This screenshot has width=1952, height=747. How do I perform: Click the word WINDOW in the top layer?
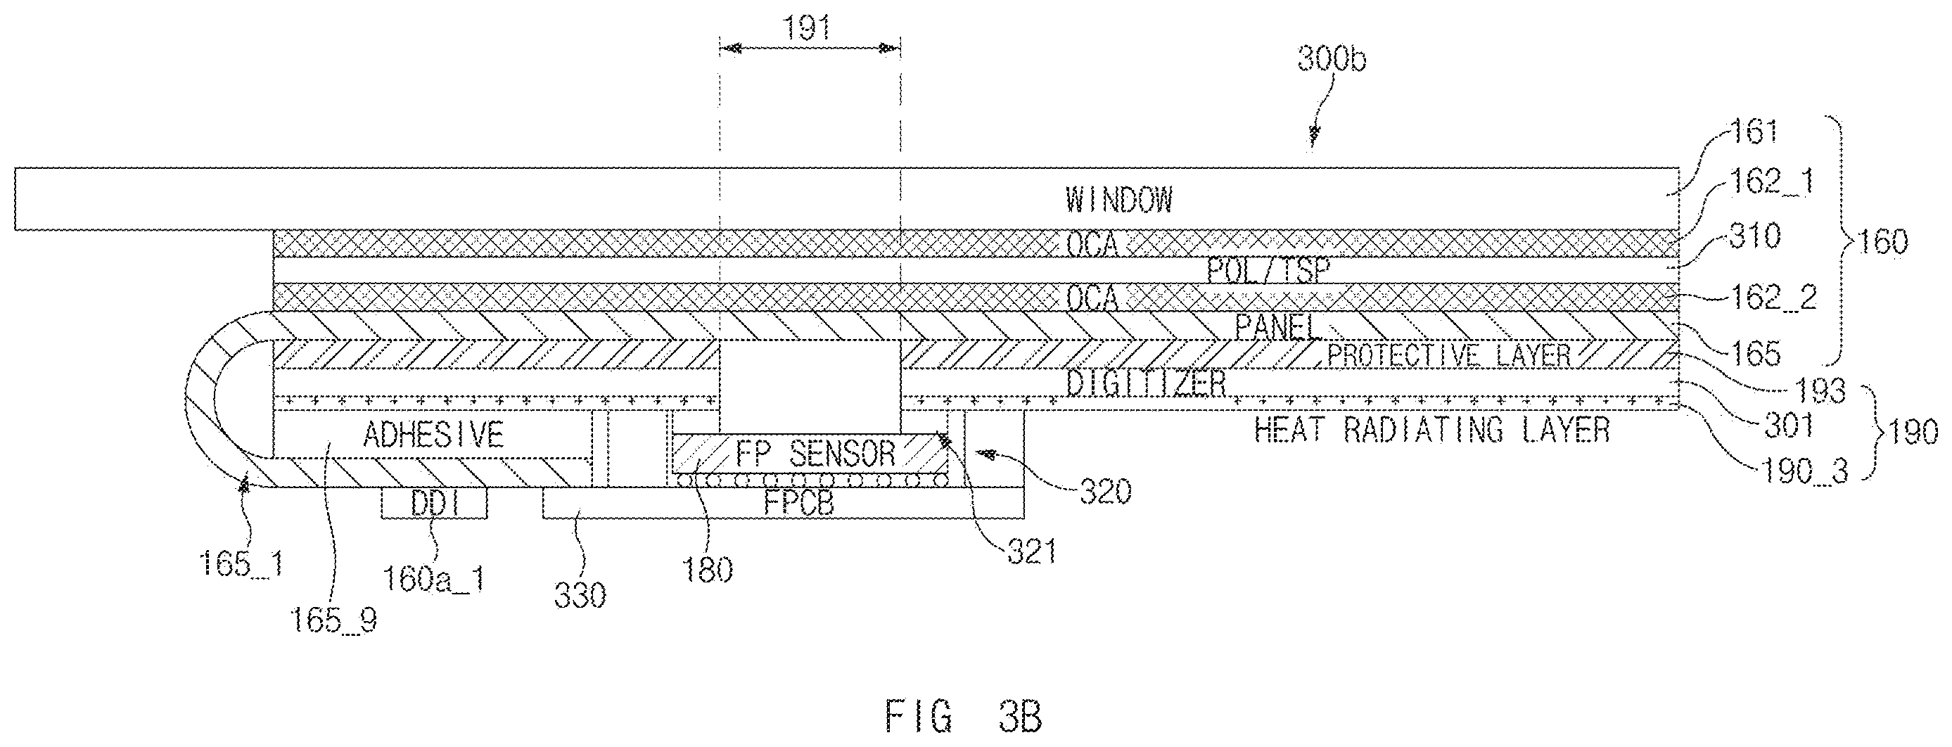[x=1118, y=199]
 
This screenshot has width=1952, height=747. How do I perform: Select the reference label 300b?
[x=1332, y=58]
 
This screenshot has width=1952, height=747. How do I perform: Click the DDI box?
[x=434, y=503]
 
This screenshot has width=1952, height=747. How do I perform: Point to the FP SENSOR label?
[x=815, y=454]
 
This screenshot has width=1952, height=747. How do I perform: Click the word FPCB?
[x=798, y=503]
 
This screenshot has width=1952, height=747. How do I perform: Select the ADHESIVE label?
[x=433, y=435]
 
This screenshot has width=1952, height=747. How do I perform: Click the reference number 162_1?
[x=1771, y=181]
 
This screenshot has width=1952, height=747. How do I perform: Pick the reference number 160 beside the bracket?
[x=1883, y=241]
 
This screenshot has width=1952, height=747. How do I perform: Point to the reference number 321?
[x=1032, y=552]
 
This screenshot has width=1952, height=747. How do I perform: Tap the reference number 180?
[x=708, y=570]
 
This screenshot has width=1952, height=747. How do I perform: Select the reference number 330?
[x=580, y=596]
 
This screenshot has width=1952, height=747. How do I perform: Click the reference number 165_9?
[x=334, y=621]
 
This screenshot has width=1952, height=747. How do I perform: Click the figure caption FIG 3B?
[x=963, y=717]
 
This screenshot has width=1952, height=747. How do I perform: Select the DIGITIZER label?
[x=1145, y=383]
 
